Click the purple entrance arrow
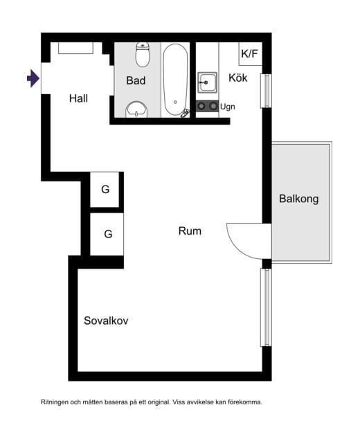pyautogui.click(x=33, y=78)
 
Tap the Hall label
pyautogui.click(x=78, y=98)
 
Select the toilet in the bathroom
pyautogui.click(x=143, y=54)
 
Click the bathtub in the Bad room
pyautogui.click(x=176, y=80)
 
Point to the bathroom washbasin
pyautogui.click(x=136, y=109)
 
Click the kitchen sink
pyautogui.click(x=208, y=82)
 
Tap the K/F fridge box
pyautogui.click(x=250, y=54)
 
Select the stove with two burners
pyautogui.click(x=207, y=106)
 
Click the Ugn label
pyautogui.click(x=227, y=107)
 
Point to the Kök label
pyautogui.click(x=238, y=78)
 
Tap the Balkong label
pyautogui.click(x=298, y=199)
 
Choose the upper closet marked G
pyautogui.click(x=105, y=190)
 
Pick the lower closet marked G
pyautogui.click(x=107, y=234)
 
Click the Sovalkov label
pyautogui.click(x=106, y=321)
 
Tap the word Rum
pyautogui.click(x=190, y=231)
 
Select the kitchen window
pyautogui.click(x=266, y=91)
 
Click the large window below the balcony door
pyautogui.click(x=266, y=307)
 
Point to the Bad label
pyautogui.click(x=136, y=80)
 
